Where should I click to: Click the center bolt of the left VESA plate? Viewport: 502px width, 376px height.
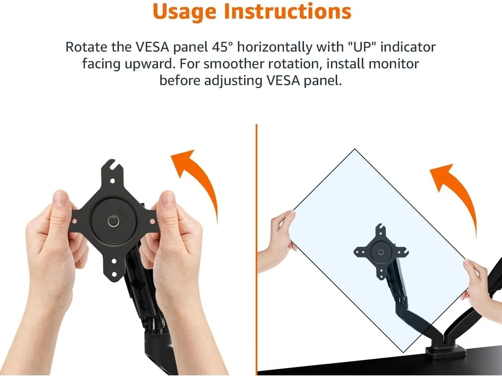[113, 221]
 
